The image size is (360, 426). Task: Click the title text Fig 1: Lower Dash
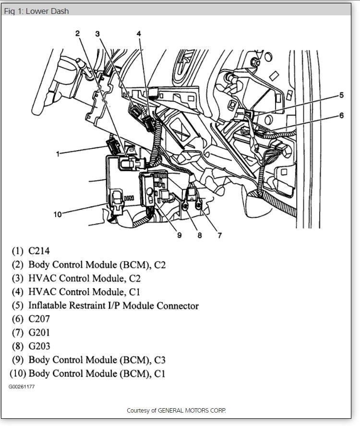click(x=36, y=11)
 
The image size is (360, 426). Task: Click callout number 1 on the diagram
click(x=58, y=154)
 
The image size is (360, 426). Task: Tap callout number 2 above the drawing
click(x=77, y=33)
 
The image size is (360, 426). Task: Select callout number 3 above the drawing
click(x=97, y=34)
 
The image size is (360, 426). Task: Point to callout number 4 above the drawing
click(x=138, y=34)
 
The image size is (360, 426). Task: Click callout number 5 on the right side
click(x=341, y=95)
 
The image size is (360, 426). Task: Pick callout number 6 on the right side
click(x=341, y=115)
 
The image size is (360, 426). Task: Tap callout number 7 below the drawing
click(x=219, y=235)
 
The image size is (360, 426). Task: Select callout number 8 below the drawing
click(x=199, y=235)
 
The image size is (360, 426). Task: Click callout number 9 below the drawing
click(x=179, y=235)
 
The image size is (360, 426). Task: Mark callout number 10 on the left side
click(x=58, y=214)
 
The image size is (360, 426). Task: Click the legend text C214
click(x=39, y=250)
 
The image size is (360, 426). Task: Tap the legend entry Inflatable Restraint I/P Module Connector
click(x=113, y=306)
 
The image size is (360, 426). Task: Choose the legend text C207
click(x=39, y=319)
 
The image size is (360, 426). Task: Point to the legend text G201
click(x=39, y=332)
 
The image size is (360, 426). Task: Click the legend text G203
click(x=39, y=346)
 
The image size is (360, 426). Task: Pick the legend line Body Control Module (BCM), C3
click(x=97, y=360)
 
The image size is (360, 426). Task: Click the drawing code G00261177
click(x=21, y=386)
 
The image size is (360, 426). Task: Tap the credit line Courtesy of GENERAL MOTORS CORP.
click(x=176, y=411)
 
